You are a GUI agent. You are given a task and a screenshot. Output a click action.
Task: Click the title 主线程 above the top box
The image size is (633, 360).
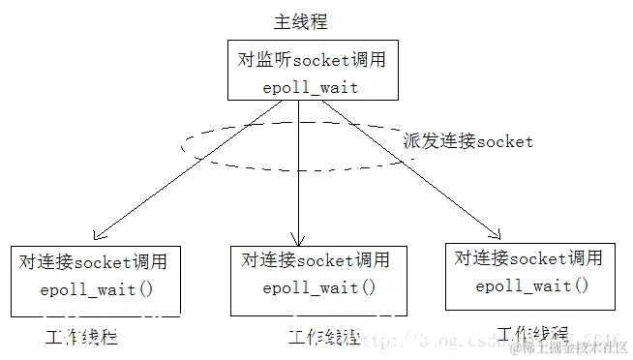click(300, 21)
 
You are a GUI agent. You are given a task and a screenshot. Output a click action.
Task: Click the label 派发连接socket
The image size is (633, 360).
click(468, 141)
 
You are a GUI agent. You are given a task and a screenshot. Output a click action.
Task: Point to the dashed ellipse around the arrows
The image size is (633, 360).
click(189, 145)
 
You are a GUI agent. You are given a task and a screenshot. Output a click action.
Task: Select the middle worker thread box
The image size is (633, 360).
click(305, 279)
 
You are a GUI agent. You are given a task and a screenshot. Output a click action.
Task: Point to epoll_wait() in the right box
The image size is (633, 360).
click(531, 285)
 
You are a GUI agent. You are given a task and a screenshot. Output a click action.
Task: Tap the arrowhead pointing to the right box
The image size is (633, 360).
click(497, 233)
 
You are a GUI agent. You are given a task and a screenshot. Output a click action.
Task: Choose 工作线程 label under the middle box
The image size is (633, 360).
click(323, 338)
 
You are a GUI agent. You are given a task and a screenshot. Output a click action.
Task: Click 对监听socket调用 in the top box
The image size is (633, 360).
click(298, 60)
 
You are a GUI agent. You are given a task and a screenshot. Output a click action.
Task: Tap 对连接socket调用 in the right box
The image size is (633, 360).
click(528, 258)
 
